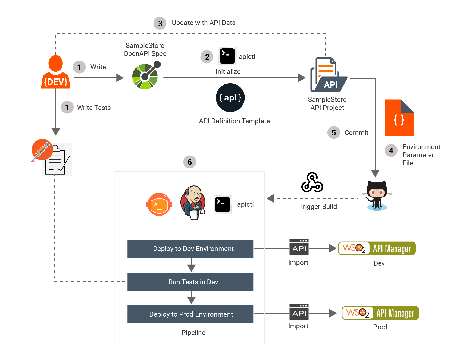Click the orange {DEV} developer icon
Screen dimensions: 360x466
click(56, 72)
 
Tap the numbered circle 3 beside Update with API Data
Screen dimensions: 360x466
click(160, 23)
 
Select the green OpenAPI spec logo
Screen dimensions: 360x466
click(145, 76)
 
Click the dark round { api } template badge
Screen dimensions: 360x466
click(230, 98)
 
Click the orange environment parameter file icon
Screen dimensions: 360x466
click(399, 118)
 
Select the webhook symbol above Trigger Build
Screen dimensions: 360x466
click(312, 182)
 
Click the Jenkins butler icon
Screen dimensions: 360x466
click(193, 203)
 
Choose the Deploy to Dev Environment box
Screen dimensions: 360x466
click(190, 249)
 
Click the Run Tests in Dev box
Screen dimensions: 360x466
click(190, 282)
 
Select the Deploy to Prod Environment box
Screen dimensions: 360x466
click(190, 314)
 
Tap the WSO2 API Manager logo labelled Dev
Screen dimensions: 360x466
click(377, 248)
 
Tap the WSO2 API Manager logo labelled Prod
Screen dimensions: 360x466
click(380, 313)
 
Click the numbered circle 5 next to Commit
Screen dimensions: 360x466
click(334, 132)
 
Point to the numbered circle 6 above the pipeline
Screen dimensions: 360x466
click(190, 162)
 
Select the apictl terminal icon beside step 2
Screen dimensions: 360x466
click(227, 56)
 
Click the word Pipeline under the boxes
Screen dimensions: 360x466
click(193, 333)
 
